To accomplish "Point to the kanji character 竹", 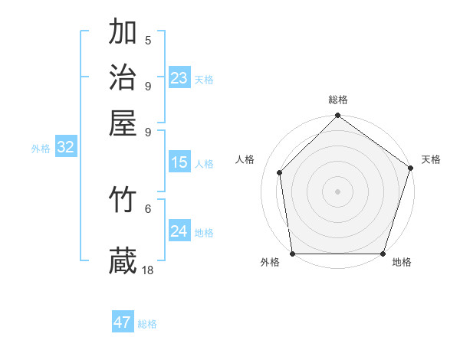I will [123, 200].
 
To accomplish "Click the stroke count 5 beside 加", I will [148, 41].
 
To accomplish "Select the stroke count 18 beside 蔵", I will [148, 270].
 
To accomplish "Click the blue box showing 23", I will [179, 78].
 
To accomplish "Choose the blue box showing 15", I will [179, 162].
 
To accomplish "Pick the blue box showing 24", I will [179, 231].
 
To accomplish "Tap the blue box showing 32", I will [66, 148].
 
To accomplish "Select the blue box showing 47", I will [123, 322].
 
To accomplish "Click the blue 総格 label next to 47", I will [147, 324].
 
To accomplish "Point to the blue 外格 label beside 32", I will [41, 149].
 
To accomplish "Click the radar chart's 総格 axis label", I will [338, 100].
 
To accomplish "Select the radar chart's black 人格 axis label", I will [245, 159].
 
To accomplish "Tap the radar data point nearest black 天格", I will [411, 169].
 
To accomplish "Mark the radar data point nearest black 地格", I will [383, 254].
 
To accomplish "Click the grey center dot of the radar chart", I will [338, 191].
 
